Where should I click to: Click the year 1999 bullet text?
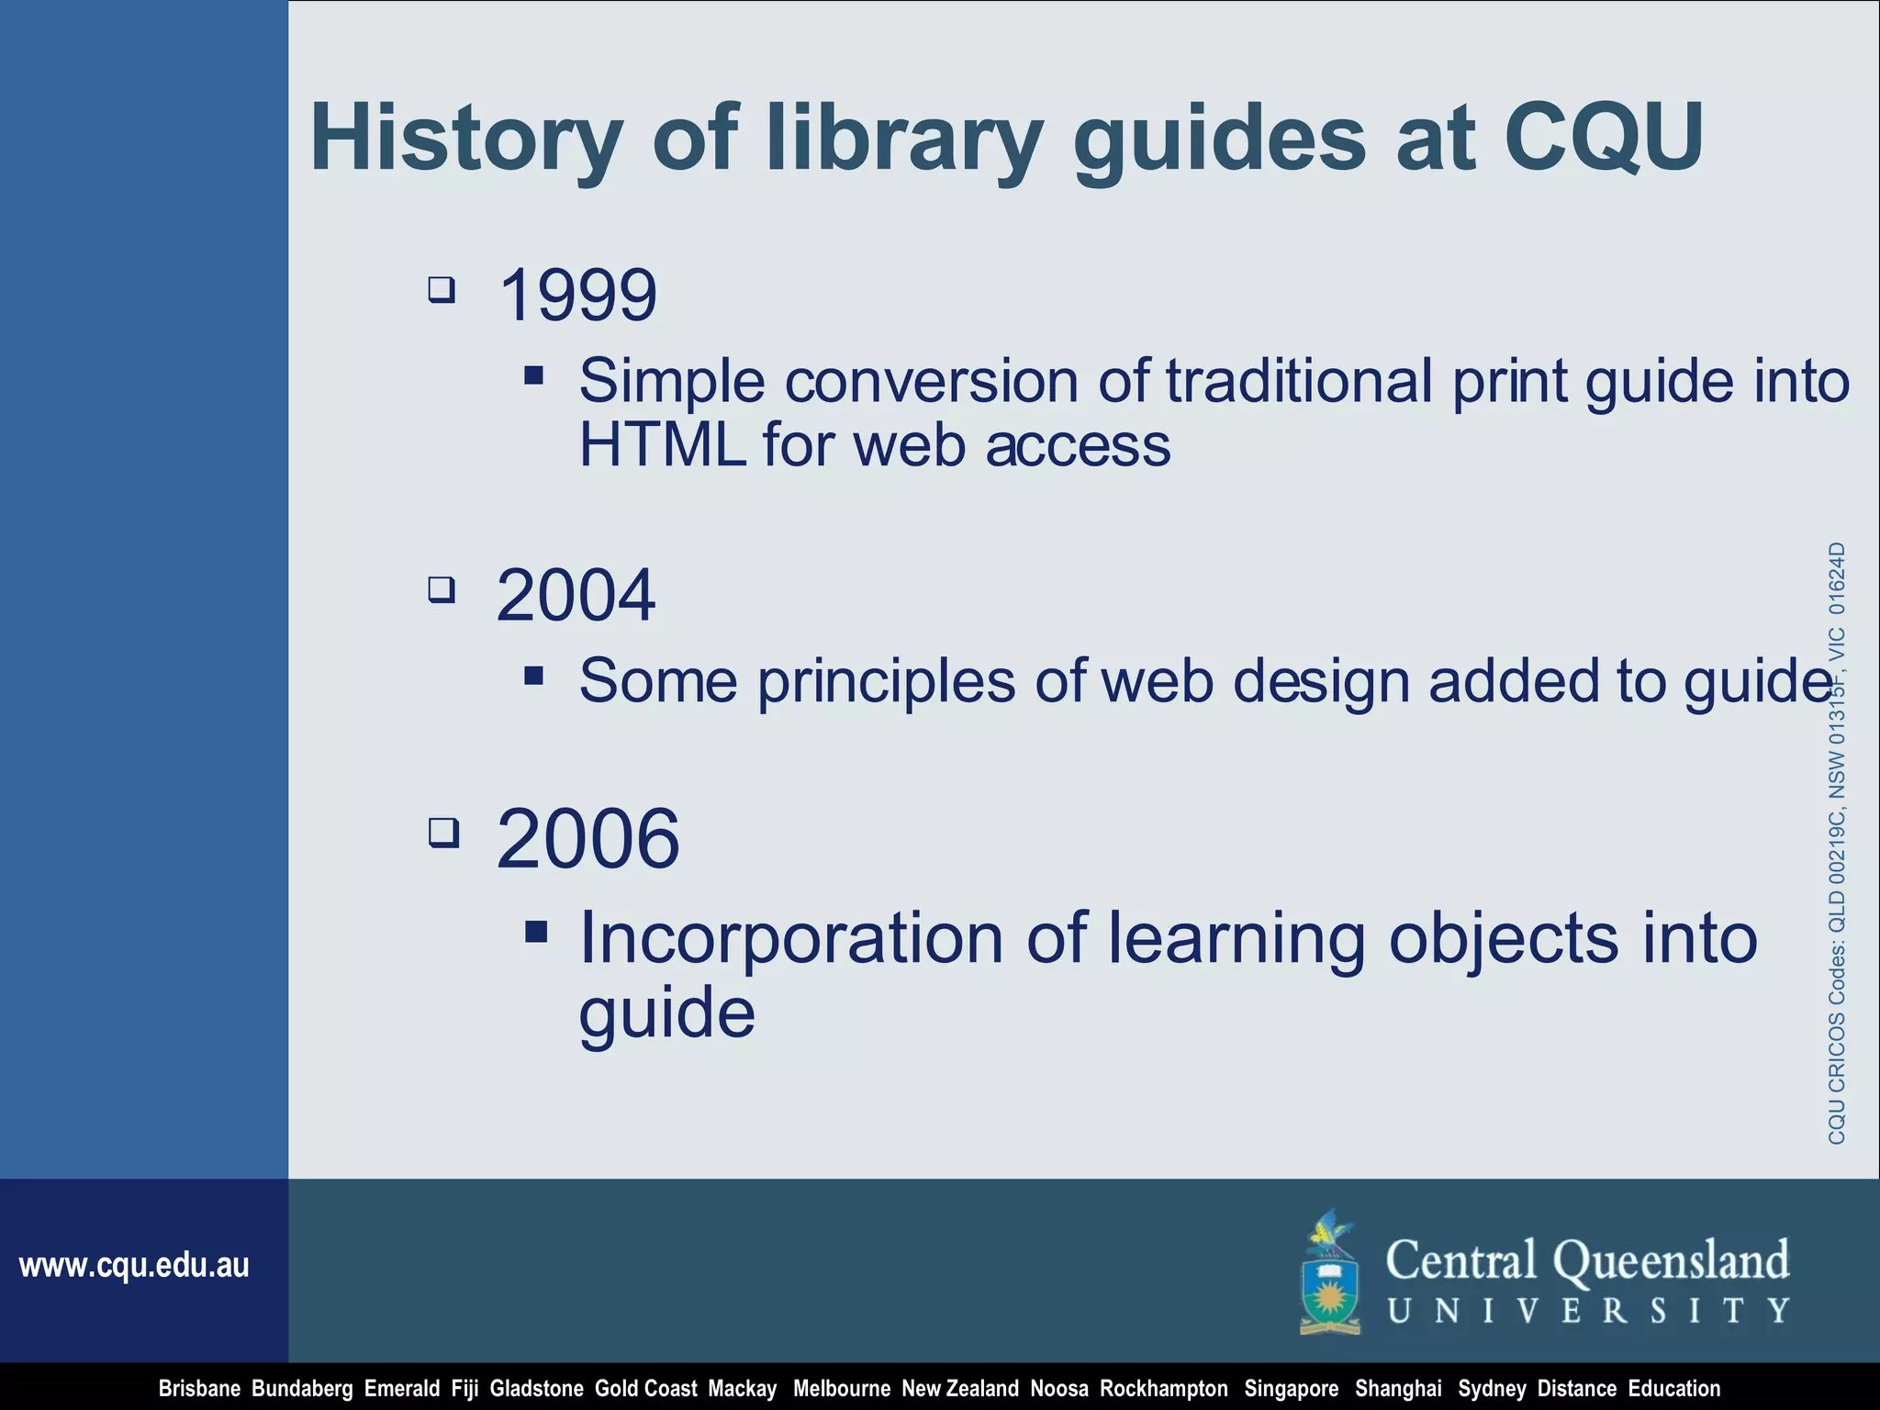[x=577, y=296]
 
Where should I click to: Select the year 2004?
[x=576, y=596]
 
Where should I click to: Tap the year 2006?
[x=587, y=839]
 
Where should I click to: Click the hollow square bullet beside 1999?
[x=442, y=290]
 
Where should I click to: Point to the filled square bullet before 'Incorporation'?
[x=536, y=933]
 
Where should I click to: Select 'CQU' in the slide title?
[x=1603, y=137]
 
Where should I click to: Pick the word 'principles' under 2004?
[x=886, y=682]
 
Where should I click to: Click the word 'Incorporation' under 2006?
[x=791, y=938]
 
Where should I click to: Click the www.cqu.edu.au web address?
[x=134, y=1266]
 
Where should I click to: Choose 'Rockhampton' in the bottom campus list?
[x=1163, y=1389]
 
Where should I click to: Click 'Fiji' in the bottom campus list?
[x=464, y=1389]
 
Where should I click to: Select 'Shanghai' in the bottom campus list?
[x=1398, y=1389]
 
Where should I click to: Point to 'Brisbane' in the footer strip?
[x=199, y=1389]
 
